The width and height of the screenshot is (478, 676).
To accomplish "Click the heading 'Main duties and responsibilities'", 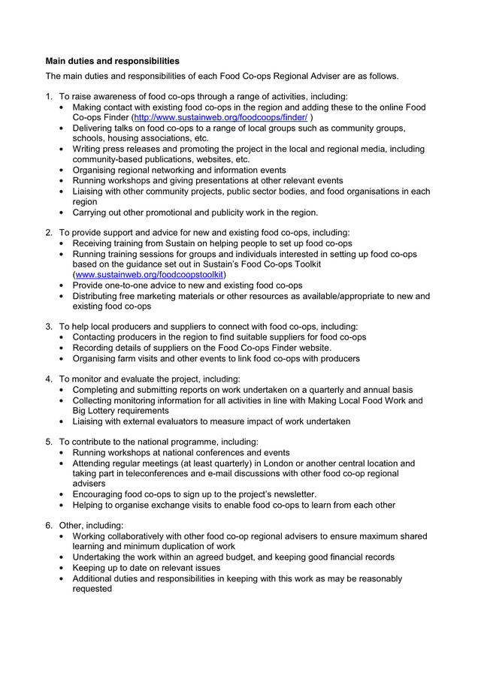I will [112, 61].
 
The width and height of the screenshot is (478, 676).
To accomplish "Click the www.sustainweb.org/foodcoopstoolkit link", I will [149, 275].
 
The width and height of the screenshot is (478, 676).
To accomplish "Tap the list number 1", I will [49, 97].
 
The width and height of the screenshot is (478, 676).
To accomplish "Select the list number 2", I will [49, 233].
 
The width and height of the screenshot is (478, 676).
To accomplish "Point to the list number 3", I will [49, 327].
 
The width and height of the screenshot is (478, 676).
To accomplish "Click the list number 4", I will [49, 379].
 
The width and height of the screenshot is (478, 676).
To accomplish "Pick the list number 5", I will [49, 442].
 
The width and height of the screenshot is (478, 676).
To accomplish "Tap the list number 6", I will [49, 526].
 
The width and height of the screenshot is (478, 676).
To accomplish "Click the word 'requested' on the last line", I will [92, 590].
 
